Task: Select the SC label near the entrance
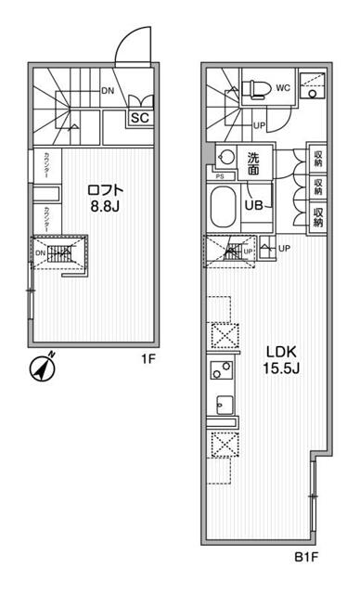[140, 118]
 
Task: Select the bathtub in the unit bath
[223, 206]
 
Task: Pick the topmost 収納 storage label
[317, 158]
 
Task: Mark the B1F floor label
[308, 558]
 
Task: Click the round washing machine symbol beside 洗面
[225, 157]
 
